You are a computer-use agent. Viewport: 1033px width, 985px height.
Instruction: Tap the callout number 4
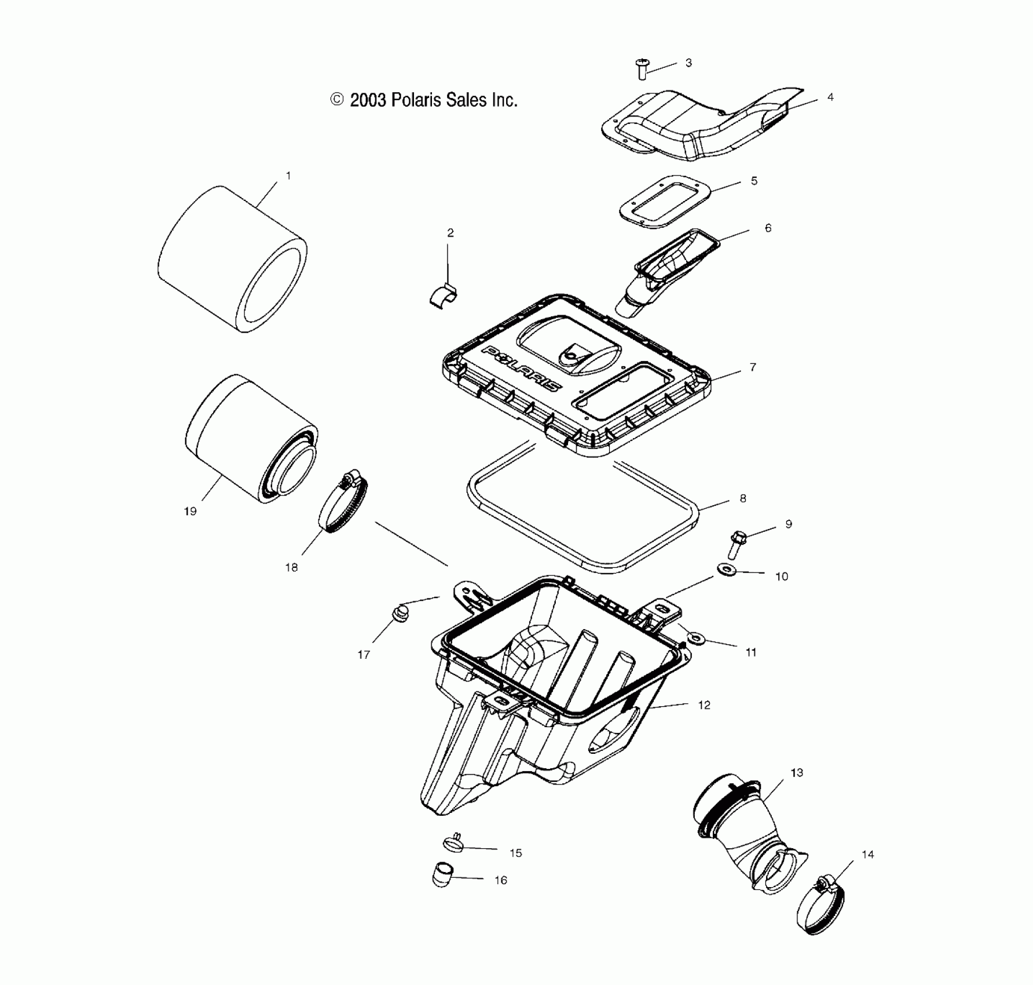tap(830, 97)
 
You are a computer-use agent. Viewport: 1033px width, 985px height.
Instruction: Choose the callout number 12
tap(704, 705)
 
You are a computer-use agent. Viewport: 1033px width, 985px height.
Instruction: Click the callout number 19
tap(190, 511)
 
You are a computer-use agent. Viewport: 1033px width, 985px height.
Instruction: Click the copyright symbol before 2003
tap(337, 100)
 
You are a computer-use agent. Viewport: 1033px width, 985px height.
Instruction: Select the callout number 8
tap(743, 498)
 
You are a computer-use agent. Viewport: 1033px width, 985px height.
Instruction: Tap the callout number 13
tap(797, 772)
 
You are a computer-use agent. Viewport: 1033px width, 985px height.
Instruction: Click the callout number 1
tap(288, 175)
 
